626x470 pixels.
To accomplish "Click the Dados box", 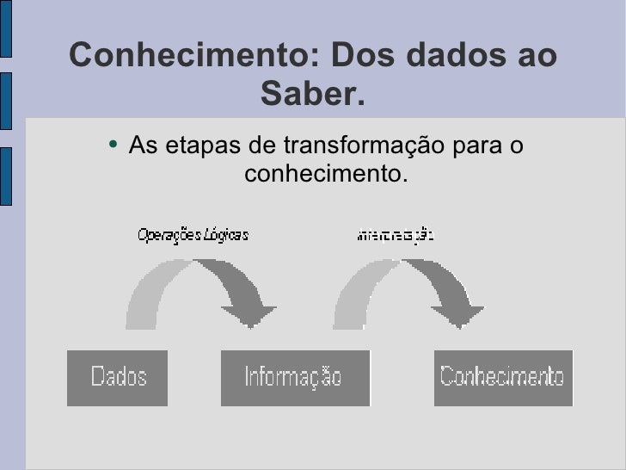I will coord(118,377).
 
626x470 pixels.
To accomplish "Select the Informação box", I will coord(294,377).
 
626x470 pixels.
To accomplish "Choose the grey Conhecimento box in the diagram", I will coord(503,377).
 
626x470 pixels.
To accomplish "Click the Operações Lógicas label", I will coord(193,234).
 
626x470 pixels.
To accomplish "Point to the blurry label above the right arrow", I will coord(396,234).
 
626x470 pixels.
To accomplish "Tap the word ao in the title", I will coord(539,56).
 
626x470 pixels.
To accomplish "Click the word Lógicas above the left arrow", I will coord(225,234).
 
